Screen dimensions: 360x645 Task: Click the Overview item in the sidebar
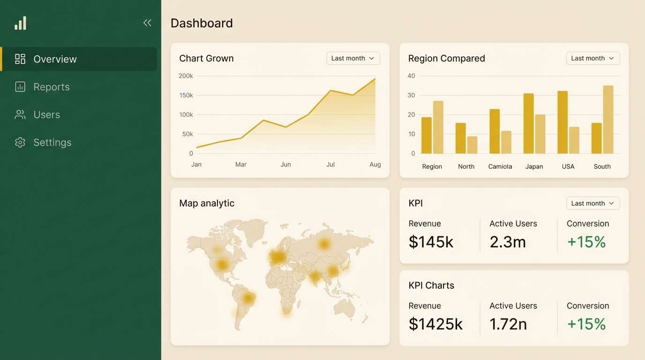tap(55, 59)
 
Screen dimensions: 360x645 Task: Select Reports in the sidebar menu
tap(51, 87)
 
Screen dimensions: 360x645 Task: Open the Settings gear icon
tap(20, 142)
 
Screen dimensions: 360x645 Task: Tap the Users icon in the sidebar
tap(20, 115)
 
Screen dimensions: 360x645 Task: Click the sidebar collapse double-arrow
tap(147, 23)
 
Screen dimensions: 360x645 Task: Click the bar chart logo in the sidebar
tap(21, 23)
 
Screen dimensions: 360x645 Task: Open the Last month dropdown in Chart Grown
tap(353, 58)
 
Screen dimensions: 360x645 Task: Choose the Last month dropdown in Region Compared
tap(592, 58)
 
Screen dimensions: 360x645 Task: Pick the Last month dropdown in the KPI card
tap(592, 203)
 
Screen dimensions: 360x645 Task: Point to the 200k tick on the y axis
tap(186, 76)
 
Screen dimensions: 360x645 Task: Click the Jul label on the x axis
tap(330, 165)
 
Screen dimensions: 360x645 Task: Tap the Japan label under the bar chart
tap(534, 166)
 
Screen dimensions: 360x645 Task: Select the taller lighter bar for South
tap(608, 120)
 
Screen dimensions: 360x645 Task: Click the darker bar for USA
tap(562, 122)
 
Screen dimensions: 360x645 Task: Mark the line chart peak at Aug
tap(375, 79)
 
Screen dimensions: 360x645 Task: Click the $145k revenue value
tap(431, 242)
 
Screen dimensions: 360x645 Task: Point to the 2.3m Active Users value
tap(508, 242)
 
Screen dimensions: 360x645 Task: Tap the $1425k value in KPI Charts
tap(435, 324)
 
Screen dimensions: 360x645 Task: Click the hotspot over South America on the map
tap(248, 298)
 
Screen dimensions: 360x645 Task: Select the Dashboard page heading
tap(202, 23)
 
